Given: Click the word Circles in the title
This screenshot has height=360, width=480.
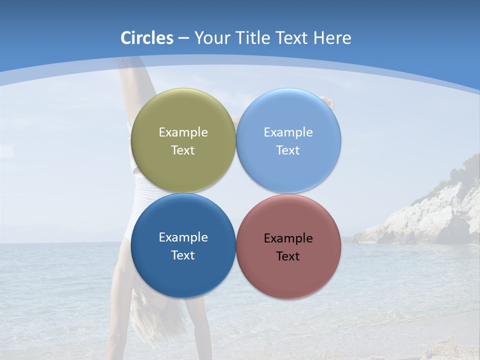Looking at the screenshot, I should point(147,38).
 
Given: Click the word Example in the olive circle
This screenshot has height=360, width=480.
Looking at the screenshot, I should point(183,132).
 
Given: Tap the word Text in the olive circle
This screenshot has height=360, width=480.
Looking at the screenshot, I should point(183,150).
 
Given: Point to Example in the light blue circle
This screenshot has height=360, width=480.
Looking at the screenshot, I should point(288,132).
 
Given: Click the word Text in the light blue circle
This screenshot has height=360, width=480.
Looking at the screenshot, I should point(288,150).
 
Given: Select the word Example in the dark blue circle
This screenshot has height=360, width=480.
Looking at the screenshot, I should point(183,237).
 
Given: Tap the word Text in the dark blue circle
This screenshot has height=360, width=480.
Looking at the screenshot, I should point(183,255).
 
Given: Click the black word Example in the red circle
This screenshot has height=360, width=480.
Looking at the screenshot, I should point(288,238).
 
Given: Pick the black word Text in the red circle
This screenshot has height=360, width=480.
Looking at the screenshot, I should point(288,256).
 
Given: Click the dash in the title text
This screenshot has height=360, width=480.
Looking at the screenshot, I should point(183,38).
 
